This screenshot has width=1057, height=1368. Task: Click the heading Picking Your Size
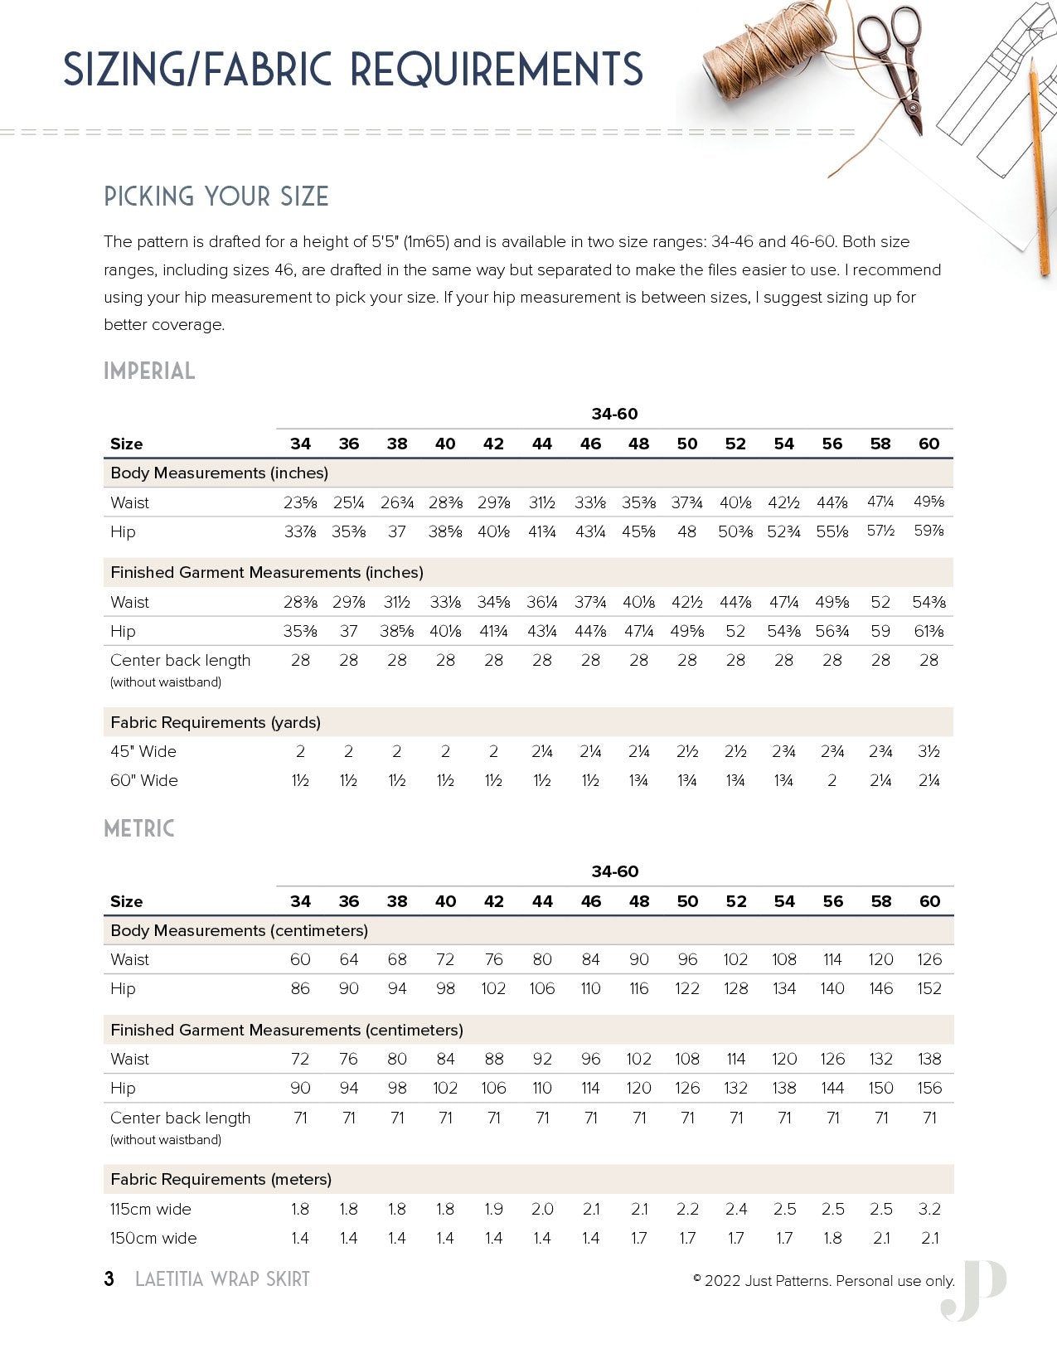coord(216,197)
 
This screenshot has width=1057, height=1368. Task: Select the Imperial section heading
coord(149,371)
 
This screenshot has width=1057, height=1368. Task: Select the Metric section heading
coord(139,829)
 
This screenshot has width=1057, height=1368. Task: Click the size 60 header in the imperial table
coord(929,444)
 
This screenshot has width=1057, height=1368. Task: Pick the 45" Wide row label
coord(143,751)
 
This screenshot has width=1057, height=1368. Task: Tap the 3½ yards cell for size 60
coord(929,751)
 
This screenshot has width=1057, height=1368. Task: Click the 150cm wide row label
coord(153,1238)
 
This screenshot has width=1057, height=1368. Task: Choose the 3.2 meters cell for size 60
coord(929,1209)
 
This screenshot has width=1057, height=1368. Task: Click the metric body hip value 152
coord(929,988)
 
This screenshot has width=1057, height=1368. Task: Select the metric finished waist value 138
coord(929,1059)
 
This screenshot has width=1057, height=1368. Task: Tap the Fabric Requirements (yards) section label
coord(216,722)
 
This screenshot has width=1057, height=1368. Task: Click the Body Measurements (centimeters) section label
coord(239,930)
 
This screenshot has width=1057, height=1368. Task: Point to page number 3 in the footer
coord(109,1279)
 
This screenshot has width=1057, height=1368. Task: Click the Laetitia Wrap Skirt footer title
coord(222,1279)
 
